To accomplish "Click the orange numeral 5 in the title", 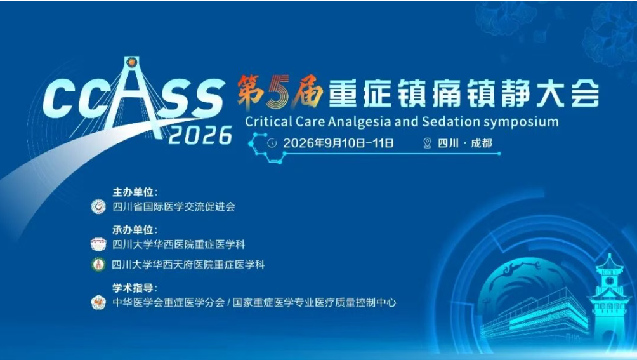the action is point(277,91).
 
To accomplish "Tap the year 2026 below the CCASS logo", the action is point(200,135).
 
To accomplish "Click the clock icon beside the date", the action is point(272,143).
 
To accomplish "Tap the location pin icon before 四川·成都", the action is point(427,143).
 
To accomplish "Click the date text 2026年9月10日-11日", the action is point(338,143).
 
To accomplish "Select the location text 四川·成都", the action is point(465,143).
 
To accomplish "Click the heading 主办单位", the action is point(133,192).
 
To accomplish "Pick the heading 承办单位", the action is point(133,230).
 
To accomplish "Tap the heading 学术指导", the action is point(133,288).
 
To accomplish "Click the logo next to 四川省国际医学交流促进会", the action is point(98,206).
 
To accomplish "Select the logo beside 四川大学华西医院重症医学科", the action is point(98,244).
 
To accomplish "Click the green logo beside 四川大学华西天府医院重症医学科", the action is point(98,265).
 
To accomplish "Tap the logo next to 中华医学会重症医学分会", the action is point(98,303).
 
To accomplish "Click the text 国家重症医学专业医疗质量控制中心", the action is point(315,303).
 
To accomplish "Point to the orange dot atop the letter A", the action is point(131,62).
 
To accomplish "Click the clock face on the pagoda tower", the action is point(609,281).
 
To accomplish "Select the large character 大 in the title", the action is point(551,93).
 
